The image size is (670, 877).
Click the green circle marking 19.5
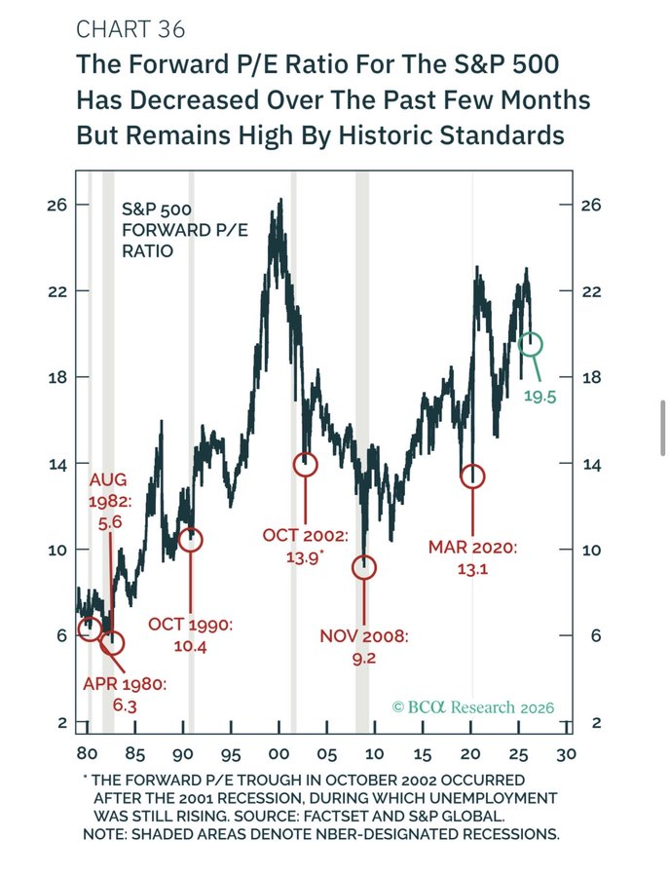coord(531,344)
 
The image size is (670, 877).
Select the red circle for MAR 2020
coord(472,477)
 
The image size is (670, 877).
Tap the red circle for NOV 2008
coord(364,567)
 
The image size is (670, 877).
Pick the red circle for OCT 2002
coord(306,465)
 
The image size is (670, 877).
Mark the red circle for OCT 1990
coord(191,540)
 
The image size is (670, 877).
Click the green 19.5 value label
coord(540,397)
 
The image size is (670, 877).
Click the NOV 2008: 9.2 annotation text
coord(364,648)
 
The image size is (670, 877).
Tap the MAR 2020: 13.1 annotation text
coord(472,558)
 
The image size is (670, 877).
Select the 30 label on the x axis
coord(567,754)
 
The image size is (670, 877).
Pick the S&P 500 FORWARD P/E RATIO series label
coord(162,230)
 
